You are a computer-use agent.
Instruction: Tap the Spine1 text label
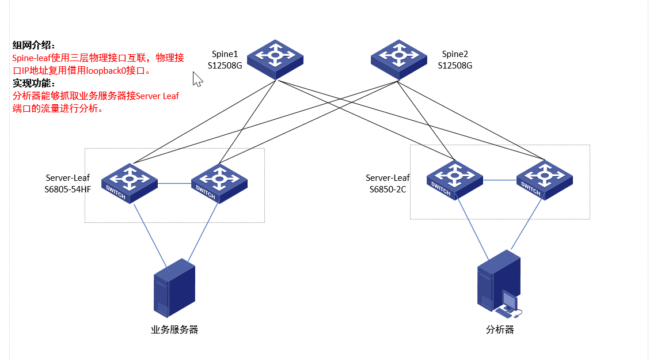tap(225, 54)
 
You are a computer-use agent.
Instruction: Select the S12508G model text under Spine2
tap(455, 66)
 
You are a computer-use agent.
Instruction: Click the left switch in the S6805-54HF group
tap(130, 183)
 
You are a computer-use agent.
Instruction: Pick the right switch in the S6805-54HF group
tap(219, 183)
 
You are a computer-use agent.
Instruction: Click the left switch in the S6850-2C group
tap(455, 179)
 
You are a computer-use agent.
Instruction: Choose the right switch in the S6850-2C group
tap(544, 179)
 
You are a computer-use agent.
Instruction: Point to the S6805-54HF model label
tap(68, 189)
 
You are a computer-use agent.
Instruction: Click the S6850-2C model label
tap(388, 189)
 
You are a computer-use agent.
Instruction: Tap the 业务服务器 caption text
tap(174, 330)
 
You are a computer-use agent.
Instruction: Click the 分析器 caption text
tap(500, 330)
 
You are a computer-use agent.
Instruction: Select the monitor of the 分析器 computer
tap(509, 300)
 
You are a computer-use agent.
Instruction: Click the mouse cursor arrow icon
tap(197, 79)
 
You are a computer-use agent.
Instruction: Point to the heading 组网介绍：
tap(35, 46)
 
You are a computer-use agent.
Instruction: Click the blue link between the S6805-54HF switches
tap(174, 184)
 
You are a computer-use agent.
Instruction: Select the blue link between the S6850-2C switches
tap(499, 180)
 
